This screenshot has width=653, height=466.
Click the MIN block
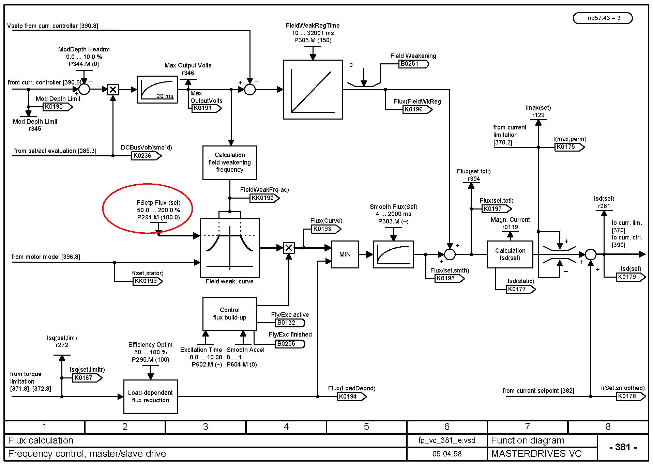coord(345,254)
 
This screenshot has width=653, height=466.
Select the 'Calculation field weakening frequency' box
coord(229,162)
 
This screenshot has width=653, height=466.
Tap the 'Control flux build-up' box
coord(229,314)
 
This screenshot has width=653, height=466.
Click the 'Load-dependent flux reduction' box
coord(150,397)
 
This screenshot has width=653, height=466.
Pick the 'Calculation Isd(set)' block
coord(510,254)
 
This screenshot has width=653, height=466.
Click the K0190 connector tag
coord(56,107)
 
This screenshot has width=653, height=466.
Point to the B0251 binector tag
coord(412,64)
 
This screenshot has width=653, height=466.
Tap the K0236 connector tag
coord(145,156)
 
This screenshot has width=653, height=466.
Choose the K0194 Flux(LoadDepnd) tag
coord(350,397)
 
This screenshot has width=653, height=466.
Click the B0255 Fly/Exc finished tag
coord(289,344)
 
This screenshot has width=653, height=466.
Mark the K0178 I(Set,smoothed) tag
coord(629,396)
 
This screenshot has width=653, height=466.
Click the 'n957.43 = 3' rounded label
coord(603,18)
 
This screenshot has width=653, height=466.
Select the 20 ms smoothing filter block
coord(157,89)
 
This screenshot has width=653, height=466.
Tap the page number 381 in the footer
coord(623,447)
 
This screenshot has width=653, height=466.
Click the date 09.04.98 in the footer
coord(447,454)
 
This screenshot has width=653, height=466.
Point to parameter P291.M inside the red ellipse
coord(158,217)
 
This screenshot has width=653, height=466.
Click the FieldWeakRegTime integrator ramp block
coord(313,90)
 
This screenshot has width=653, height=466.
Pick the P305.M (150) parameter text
coord(313,40)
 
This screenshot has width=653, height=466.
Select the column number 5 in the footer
coord(366,426)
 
